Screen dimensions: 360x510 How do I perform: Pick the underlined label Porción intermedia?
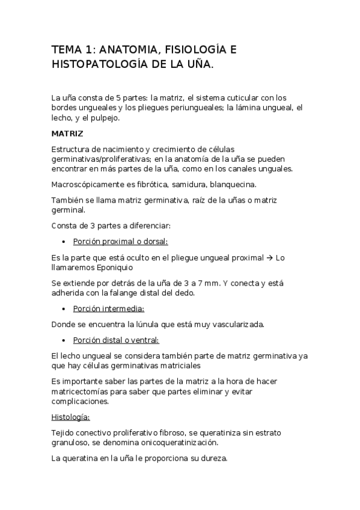tap(109, 309)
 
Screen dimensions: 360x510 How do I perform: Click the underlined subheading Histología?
tap(70, 417)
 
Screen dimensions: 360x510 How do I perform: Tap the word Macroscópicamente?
tap(90, 183)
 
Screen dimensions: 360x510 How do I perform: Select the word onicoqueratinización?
tap(179, 442)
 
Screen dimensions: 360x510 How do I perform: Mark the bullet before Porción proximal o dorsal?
tap(64, 242)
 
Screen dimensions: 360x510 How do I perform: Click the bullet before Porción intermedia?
tap(64, 309)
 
